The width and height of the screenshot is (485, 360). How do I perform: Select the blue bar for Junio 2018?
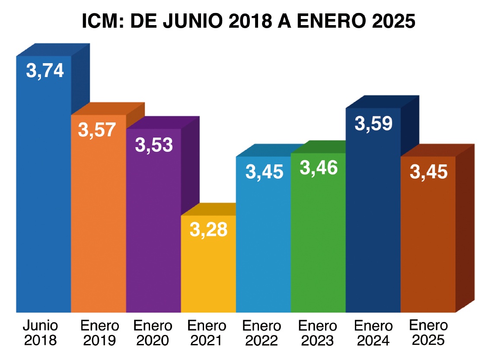click(x=43, y=195)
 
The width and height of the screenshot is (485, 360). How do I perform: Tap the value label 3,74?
click(x=45, y=71)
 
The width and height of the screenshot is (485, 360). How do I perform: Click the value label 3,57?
click(x=97, y=130)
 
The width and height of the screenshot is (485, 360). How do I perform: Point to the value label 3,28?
click(x=208, y=229)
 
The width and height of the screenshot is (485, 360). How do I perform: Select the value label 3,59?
click(x=373, y=123)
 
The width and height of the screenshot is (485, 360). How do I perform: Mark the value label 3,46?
click(x=319, y=168)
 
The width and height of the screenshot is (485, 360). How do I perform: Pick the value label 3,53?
click(x=154, y=145)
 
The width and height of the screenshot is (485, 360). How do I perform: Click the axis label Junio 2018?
click(x=41, y=333)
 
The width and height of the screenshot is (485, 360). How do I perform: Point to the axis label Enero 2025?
click(x=428, y=333)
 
